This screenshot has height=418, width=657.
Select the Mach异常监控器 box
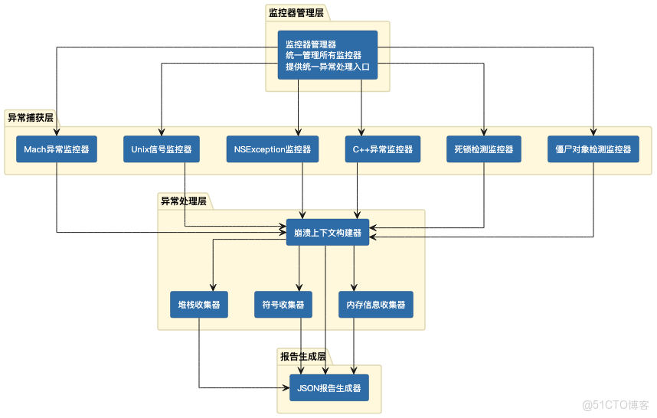56,149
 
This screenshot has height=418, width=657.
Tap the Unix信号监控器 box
162,149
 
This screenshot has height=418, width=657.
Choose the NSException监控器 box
273,149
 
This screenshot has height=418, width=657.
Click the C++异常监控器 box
383,149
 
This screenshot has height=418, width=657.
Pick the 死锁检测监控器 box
483,149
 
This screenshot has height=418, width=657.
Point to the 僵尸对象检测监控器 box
593,149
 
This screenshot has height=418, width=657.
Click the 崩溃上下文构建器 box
328,233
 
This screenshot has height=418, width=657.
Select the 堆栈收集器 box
199,305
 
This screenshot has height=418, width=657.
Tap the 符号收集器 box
283,305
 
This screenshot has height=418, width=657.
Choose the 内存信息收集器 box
375,305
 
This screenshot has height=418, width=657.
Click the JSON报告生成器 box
328,388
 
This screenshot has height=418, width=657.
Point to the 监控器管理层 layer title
296,13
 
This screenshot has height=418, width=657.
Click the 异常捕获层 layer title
31,117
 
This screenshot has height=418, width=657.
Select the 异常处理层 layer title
183,201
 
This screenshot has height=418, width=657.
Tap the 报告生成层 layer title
302,357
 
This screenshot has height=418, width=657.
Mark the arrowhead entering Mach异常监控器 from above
57,132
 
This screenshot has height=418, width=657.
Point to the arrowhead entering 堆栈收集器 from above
213,287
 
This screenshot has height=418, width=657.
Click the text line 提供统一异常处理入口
327,67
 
